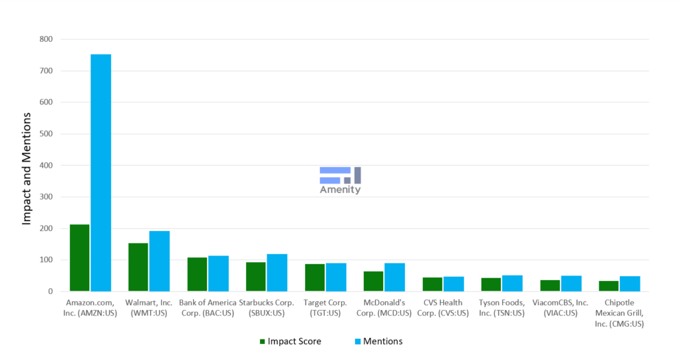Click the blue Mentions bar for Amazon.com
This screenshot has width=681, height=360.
(100, 173)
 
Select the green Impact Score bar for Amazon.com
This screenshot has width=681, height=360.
(80, 258)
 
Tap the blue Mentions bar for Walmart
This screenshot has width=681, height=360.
(160, 262)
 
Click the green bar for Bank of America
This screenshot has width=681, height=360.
(197, 274)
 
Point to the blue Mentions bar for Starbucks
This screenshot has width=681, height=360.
(277, 273)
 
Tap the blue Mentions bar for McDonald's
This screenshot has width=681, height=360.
(394, 277)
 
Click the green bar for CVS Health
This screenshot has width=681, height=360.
(432, 284)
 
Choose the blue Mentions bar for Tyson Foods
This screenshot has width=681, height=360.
(512, 283)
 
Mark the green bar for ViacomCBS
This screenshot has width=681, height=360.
(550, 285)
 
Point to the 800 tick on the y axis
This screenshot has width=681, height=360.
(45, 39)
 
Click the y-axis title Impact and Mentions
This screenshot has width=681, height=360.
(27, 168)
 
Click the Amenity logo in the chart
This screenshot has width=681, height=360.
(340, 180)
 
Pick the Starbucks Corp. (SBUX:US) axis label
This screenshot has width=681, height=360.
(267, 307)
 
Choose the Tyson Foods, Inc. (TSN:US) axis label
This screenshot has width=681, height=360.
(502, 307)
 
